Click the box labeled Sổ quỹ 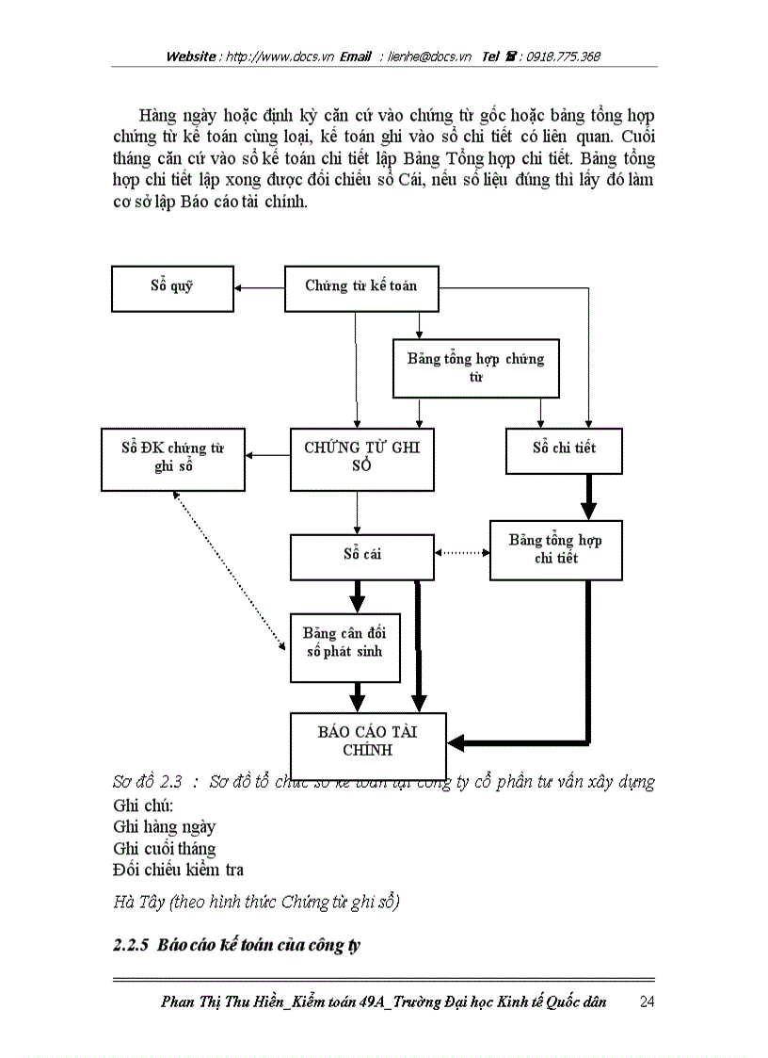coord(171,287)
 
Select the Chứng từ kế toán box coord(362,287)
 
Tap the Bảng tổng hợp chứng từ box coord(475,367)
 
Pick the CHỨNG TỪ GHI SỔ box coord(362,458)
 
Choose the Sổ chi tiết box coord(564,449)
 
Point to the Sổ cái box coord(362,556)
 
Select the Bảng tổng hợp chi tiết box coord(555,550)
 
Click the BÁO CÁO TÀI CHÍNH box coord(367,742)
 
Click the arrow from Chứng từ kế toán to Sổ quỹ coord(260,286)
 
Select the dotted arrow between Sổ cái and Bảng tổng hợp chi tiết coord(462,553)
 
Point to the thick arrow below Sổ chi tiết coord(588,496)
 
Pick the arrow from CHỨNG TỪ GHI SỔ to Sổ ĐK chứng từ coord(267,456)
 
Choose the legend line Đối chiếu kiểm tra coord(178,870)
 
